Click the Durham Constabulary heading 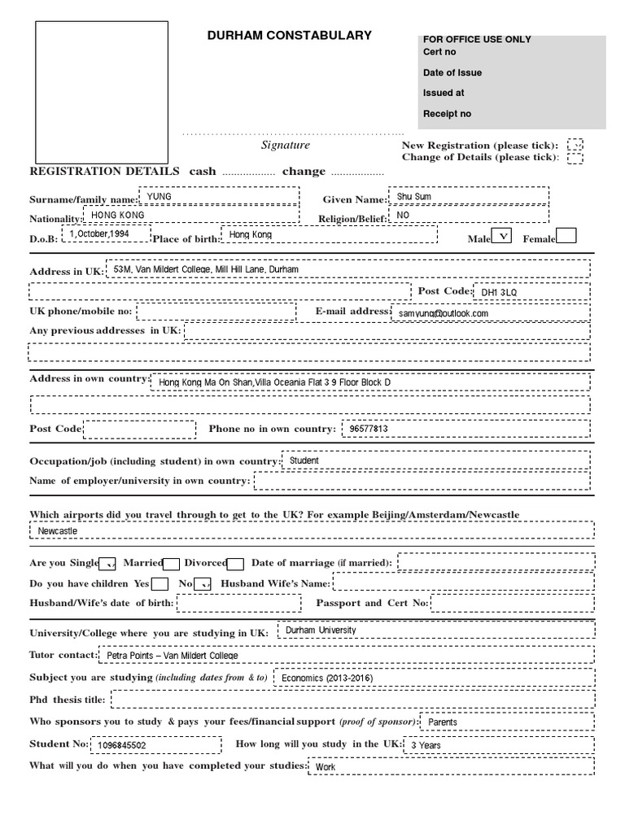[290, 36]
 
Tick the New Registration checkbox [575, 145]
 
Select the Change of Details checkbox [575, 158]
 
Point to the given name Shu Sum [413, 197]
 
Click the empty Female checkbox [566, 236]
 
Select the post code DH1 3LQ [499, 292]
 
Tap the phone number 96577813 [368, 429]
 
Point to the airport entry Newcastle [58, 530]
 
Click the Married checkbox [172, 564]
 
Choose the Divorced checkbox [236, 564]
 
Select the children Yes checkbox [160, 584]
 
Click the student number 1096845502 [123, 745]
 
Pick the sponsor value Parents [443, 722]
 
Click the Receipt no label [447, 114]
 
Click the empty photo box [102, 92]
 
